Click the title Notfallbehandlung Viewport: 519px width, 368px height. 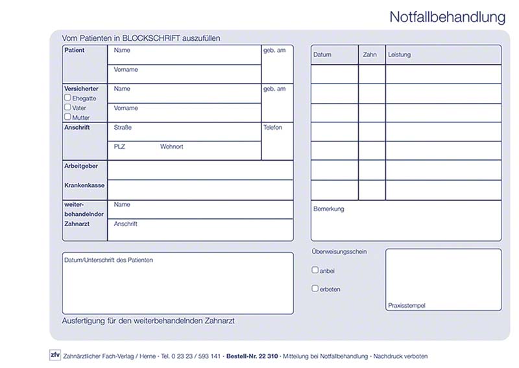pyautogui.click(x=447, y=17)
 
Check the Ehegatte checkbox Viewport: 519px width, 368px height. pyautogui.click(x=67, y=98)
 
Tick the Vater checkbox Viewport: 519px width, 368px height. pyautogui.click(x=67, y=108)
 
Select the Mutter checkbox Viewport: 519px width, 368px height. pyautogui.click(x=67, y=117)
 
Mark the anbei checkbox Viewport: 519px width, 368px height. pyautogui.click(x=315, y=270)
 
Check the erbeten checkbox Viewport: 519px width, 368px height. pyautogui.click(x=315, y=289)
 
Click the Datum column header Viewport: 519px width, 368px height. pyautogui.click(x=322, y=55)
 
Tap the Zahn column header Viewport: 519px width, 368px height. pyautogui.click(x=370, y=55)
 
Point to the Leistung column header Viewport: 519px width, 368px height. pyautogui.click(x=399, y=55)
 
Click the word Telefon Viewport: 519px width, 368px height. pyautogui.click(x=272, y=128)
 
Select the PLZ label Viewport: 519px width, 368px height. pyautogui.click(x=119, y=147)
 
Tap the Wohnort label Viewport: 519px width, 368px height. pyautogui.click(x=171, y=147)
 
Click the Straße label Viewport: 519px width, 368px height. pyautogui.click(x=123, y=128)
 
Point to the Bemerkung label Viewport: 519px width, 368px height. pyautogui.click(x=329, y=209)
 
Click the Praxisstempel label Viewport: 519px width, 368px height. pyautogui.click(x=407, y=305)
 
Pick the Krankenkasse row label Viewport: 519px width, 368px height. pyautogui.click(x=84, y=185)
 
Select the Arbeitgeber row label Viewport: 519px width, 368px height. pyautogui.click(x=81, y=167)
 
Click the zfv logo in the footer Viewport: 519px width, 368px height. pyautogui.click(x=55, y=355)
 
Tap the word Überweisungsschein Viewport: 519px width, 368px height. pyautogui.click(x=339, y=251)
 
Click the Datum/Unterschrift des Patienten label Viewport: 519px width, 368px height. pyautogui.click(x=109, y=260)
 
